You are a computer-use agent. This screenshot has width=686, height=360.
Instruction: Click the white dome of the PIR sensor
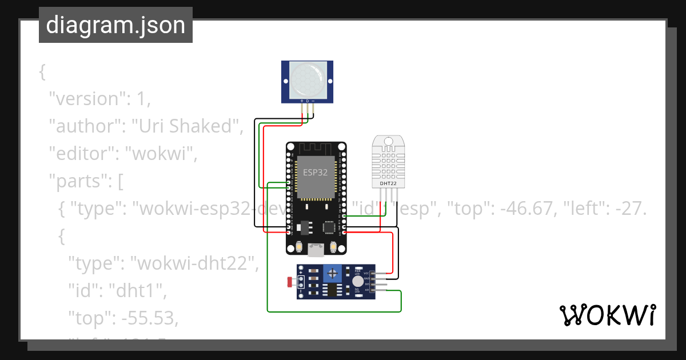click(307, 79)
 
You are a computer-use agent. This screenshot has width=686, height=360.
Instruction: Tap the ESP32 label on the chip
click(316, 171)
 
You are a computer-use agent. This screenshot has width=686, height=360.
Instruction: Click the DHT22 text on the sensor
click(388, 184)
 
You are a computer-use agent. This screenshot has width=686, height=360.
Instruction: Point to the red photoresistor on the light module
click(290, 282)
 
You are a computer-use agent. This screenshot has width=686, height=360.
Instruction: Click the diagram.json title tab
click(115, 25)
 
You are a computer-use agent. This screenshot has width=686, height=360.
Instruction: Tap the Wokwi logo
click(607, 315)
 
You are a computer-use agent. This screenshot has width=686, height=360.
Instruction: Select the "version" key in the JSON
click(87, 99)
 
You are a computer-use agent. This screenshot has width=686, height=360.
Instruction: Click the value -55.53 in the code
click(149, 318)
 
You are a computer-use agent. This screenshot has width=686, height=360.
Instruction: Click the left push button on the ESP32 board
click(299, 247)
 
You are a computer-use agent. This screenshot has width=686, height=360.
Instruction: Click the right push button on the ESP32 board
click(333, 247)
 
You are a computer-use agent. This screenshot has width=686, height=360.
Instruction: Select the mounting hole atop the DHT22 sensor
click(388, 141)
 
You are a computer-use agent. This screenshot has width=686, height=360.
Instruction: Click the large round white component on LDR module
click(357, 281)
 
